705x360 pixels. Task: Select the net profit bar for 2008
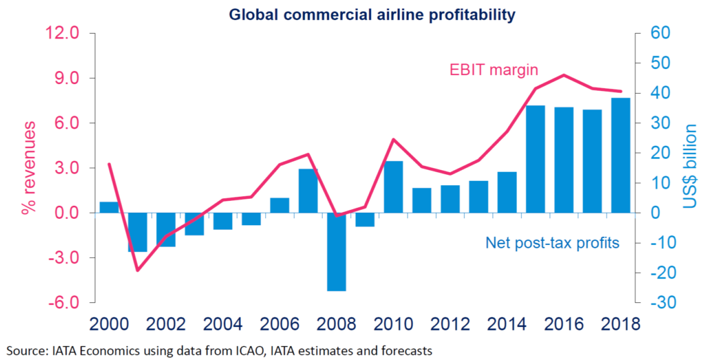pyautogui.click(x=336, y=252)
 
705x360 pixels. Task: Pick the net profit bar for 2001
pyautogui.click(x=137, y=232)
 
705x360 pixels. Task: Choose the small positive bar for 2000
pyautogui.click(x=109, y=207)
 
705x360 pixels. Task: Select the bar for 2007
pyautogui.click(x=308, y=191)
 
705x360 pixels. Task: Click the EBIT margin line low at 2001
pyautogui.click(x=137, y=271)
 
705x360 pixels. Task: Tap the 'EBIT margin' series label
pyautogui.click(x=494, y=70)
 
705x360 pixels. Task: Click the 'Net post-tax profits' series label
pyautogui.click(x=553, y=242)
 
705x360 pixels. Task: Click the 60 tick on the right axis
pyautogui.click(x=652, y=33)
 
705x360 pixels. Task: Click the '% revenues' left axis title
pyautogui.click(x=28, y=169)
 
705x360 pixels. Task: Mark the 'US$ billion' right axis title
pyautogui.click(x=690, y=167)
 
